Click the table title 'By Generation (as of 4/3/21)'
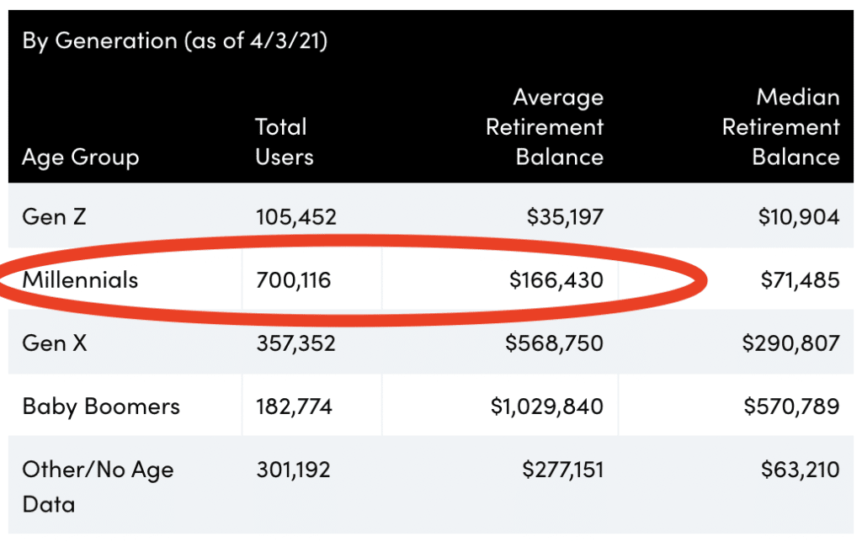[x=174, y=40]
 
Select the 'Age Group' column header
[x=80, y=157]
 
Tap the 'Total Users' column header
[x=285, y=142]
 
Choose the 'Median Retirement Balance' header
[x=781, y=127]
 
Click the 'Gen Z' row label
[x=55, y=217]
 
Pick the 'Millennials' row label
[x=80, y=279]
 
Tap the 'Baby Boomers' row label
[x=101, y=406]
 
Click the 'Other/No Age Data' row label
[x=98, y=486]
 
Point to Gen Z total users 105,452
[x=295, y=217]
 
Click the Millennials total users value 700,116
[x=293, y=280]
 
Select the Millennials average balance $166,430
[x=556, y=280]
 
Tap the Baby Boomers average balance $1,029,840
[x=546, y=407]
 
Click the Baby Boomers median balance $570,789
[x=791, y=407]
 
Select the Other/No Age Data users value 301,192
[x=293, y=469]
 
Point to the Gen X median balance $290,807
[x=790, y=343]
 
